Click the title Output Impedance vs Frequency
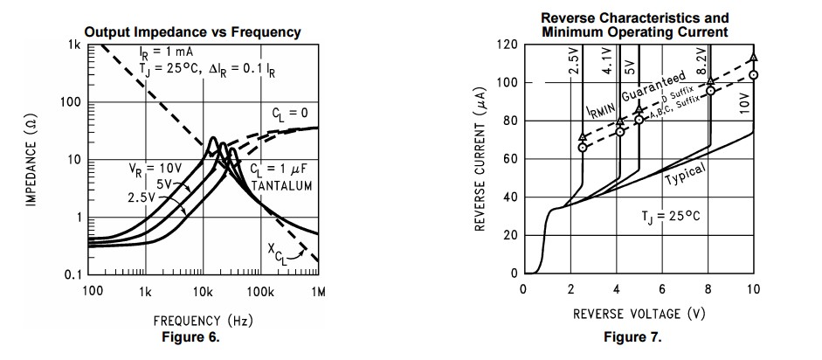193,32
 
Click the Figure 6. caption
191,337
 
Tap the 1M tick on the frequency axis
317,291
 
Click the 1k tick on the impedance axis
74,45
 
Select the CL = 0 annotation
290,113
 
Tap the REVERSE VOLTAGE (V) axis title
638,313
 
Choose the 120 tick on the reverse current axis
508,45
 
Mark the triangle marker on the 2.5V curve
583,137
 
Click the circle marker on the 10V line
753,74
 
